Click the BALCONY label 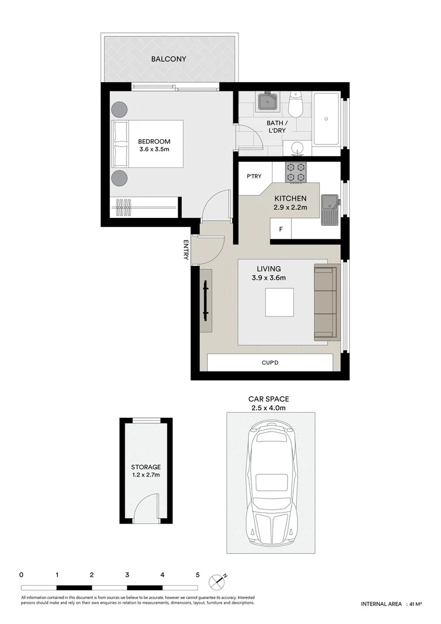[x=169, y=59]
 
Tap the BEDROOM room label [x=154, y=141]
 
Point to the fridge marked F [x=281, y=229]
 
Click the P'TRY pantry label [x=254, y=177]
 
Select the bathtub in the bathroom [x=326, y=120]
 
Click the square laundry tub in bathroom [x=267, y=103]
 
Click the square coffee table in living [x=279, y=302]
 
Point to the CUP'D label [x=270, y=363]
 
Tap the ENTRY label [x=186, y=250]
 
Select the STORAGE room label [x=145, y=467]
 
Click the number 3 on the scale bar [x=127, y=575]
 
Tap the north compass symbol [x=218, y=580]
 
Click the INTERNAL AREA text [x=381, y=604]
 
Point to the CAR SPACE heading [x=268, y=399]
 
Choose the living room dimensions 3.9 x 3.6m [x=269, y=278]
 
